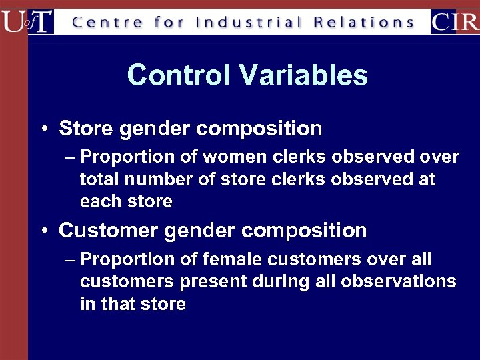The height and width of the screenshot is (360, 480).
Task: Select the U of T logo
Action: (27, 21)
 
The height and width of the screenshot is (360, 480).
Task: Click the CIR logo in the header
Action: (454, 21)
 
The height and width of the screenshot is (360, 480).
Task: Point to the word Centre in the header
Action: (107, 23)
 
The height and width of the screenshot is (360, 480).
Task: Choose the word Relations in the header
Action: (365, 23)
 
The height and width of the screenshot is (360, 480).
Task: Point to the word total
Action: (99, 179)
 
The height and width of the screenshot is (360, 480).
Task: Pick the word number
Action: (159, 179)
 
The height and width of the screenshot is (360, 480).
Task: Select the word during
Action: (280, 282)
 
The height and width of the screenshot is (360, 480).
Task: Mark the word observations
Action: (399, 282)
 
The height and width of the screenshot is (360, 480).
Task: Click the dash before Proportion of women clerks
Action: (71, 157)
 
